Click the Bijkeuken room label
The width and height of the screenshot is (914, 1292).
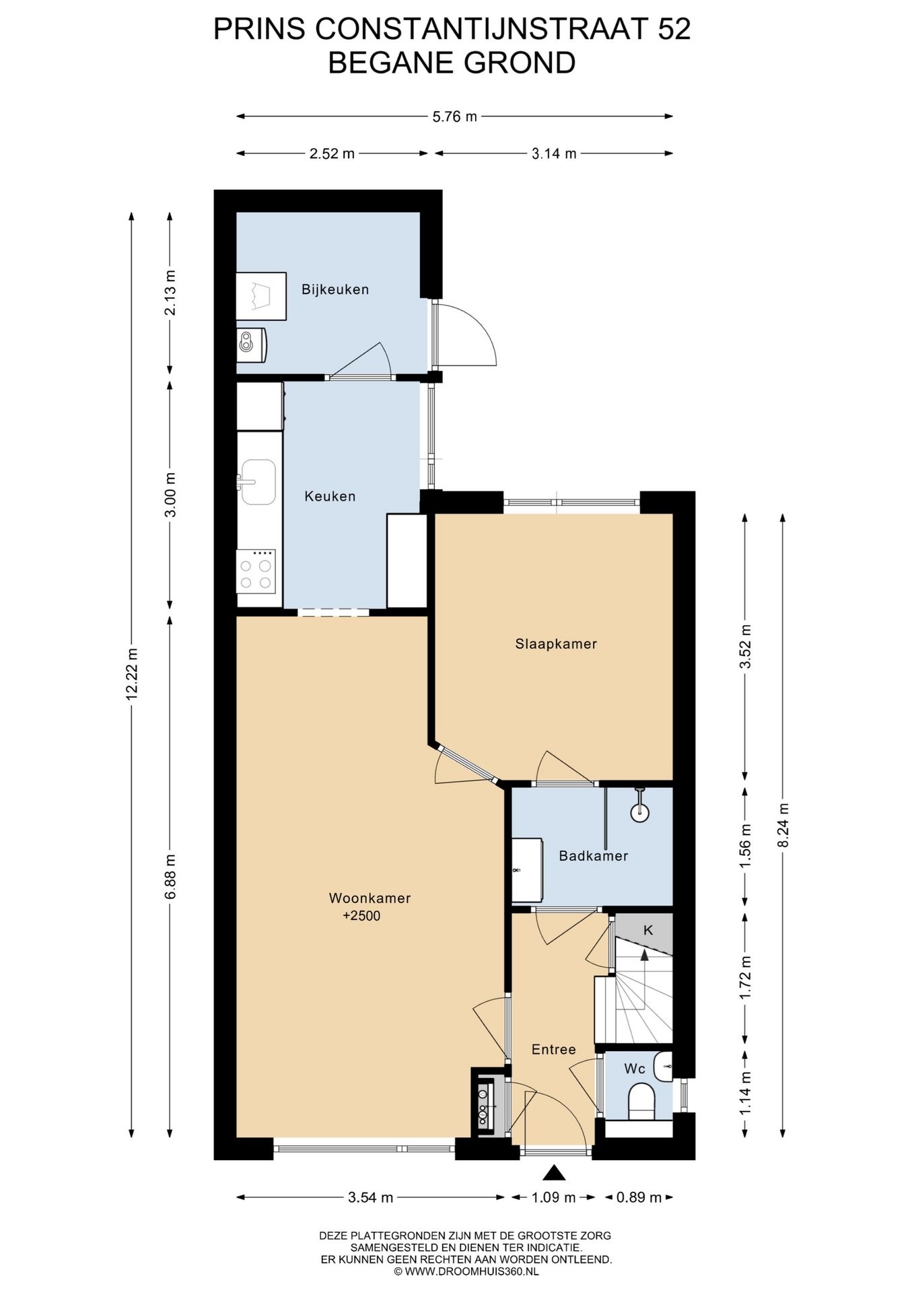(x=335, y=290)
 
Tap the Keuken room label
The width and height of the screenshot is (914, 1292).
(x=330, y=497)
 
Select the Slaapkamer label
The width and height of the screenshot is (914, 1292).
(x=556, y=644)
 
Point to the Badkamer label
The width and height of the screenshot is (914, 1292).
(x=594, y=856)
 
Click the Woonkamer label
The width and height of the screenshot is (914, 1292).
(x=370, y=898)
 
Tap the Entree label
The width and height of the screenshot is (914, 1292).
(x=553, y=1049)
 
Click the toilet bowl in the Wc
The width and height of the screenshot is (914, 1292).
(x=641, y=1100)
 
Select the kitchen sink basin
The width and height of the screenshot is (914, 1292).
(x=258, y=482)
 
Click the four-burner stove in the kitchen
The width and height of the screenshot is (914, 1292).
(x=256, y=571)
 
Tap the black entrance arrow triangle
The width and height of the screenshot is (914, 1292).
(x=554, y=1173)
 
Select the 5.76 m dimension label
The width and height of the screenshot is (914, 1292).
(x=454, y=116)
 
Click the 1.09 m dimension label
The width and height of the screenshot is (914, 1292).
(x=553, y=1197)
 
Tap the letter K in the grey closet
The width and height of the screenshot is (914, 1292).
(x=648, y=931)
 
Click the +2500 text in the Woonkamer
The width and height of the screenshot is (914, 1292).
(x=361, y=916)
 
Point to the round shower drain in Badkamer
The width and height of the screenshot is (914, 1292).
(x=639, y=812)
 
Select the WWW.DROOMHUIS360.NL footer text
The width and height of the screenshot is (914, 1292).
(x=470, y=1271)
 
